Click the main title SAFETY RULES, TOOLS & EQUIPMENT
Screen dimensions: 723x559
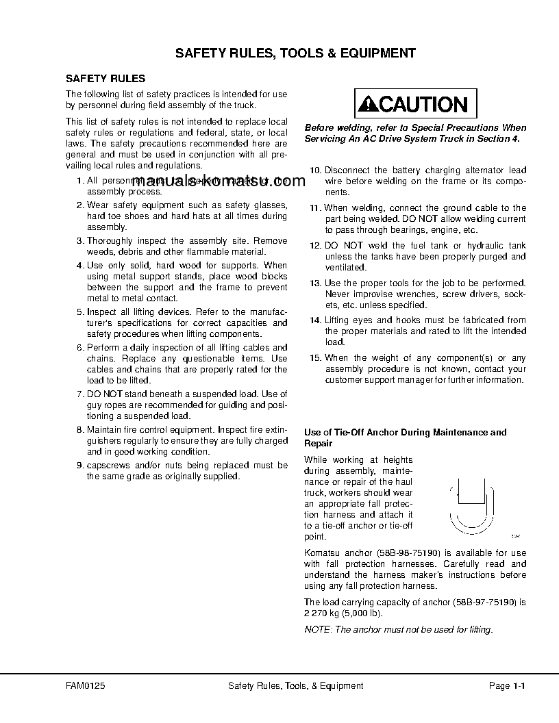point(295,53)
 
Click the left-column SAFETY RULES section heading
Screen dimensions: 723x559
point(105,79)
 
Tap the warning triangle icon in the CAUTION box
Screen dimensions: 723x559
point(369,105)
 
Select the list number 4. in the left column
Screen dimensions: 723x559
point(79,266)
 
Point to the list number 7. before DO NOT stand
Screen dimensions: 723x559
point(79,394)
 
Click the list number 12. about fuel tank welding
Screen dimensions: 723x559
point(315,246)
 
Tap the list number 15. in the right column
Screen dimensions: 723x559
point(315,358)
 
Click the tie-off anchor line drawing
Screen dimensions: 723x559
point(471,506)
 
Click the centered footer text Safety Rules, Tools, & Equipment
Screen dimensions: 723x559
point(295,686)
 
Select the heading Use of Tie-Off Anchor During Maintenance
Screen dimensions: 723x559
point(405,433)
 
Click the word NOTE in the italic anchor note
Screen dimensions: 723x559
point(316,630)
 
